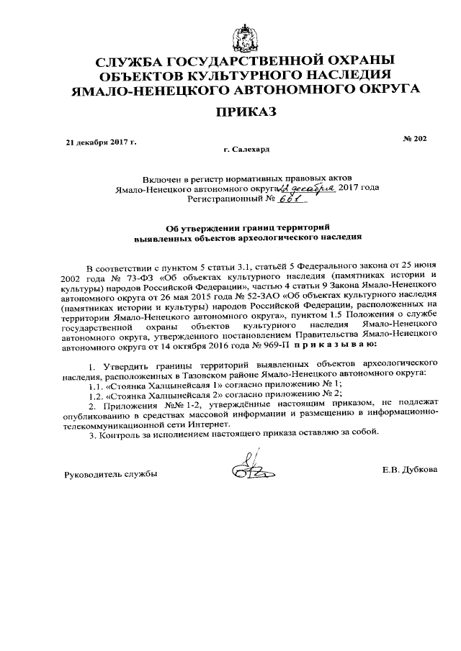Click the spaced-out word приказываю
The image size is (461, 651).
coord(328,344)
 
